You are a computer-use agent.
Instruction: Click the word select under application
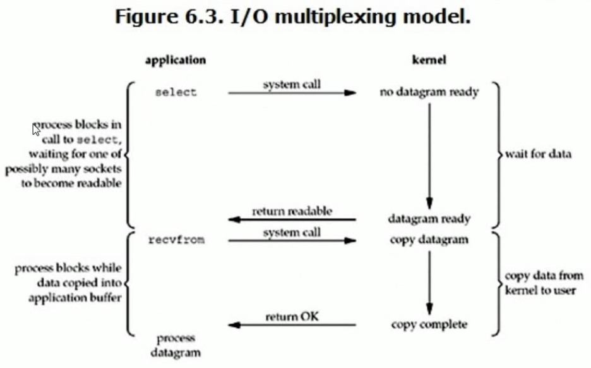[x=176, y=92]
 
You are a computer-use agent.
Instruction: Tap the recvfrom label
[x=176, y=240]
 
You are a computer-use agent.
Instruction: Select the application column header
[x=176, y=61]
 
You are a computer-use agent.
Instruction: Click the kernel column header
[x=429, y=61]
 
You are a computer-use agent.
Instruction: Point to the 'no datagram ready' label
[x=429, y=92]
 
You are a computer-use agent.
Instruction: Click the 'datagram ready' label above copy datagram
[x=429, y=219]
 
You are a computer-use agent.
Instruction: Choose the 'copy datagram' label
[x=429, y=240]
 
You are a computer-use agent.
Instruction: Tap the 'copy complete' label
[x=429, y=324]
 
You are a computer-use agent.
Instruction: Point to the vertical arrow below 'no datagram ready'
[x=429, y=152]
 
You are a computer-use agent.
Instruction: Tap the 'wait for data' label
[x=537, y=154]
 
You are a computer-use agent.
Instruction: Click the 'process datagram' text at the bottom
[x=176, y=345]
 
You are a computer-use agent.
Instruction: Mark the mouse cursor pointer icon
[x=36, y=130]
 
